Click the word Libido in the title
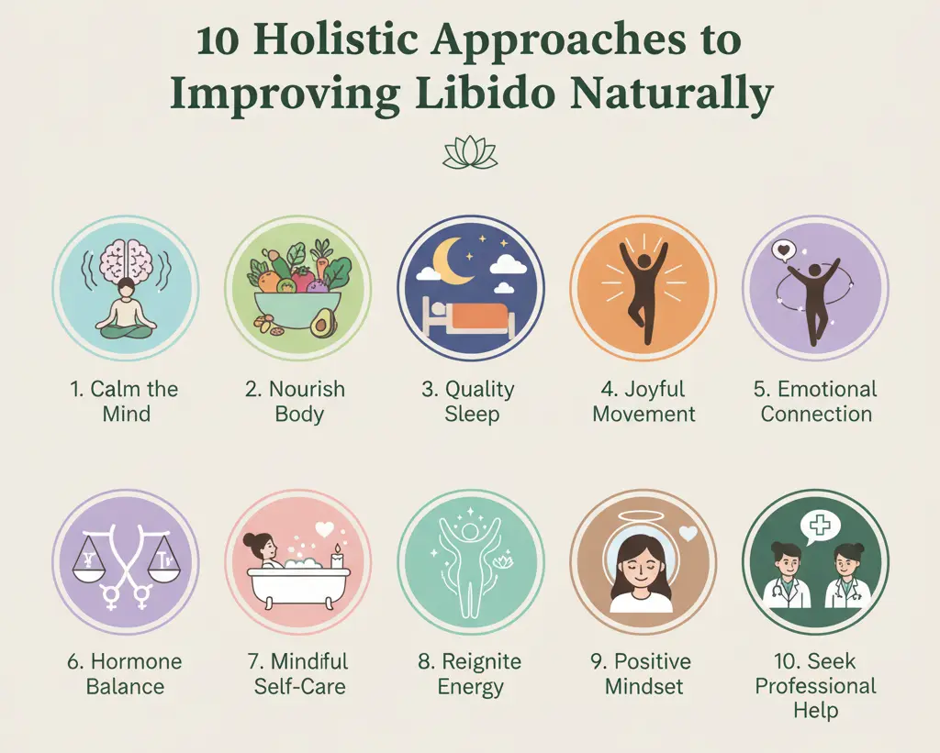click(488, 94)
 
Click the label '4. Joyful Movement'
click(643, 401)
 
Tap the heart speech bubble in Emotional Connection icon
click(782, 249)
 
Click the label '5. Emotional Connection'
click(816, 401)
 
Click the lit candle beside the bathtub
click(336, 556)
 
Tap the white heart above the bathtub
click(322, 529)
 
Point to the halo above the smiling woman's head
click(643, 516)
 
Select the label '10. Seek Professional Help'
click(816, 686)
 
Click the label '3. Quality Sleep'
click(470, 401)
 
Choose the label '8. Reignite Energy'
click(471, 673)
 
